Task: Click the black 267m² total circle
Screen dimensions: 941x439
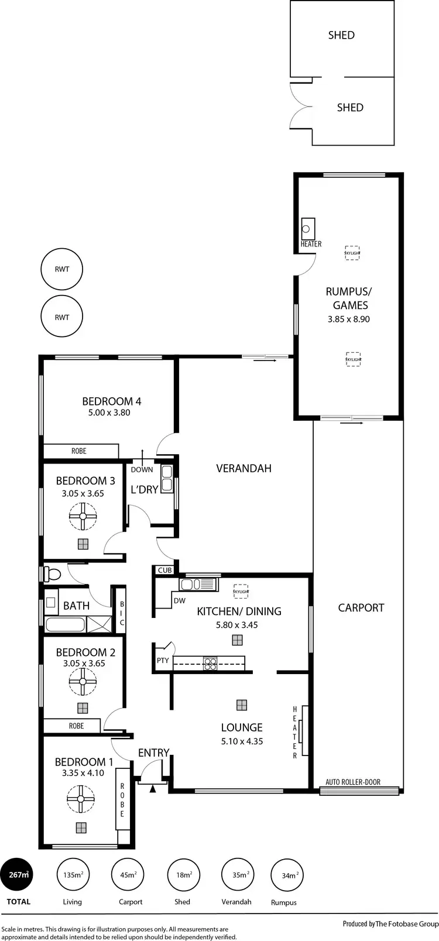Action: (x=18, y=875)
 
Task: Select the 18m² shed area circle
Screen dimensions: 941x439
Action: (x=184, y=875)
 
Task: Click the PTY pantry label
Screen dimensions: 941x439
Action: (x=163, y=661)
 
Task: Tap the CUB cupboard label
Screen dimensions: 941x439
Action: (x=164, y=570)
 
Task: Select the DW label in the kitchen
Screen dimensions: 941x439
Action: (x=179, y=601)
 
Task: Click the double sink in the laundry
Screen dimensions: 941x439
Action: (x=167, y=478)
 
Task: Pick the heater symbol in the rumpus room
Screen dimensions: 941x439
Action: (x=308, y=226)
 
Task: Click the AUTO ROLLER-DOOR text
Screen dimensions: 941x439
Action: (x=353, y=782)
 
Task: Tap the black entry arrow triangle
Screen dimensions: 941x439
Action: (x=153, y=789)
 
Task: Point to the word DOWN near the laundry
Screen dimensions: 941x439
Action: (x=142, y=469)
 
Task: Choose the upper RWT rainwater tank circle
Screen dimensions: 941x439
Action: (x=62, y=270)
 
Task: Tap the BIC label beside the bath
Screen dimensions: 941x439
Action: (x=122, y=614)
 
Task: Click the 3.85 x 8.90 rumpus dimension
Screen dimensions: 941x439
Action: (x=350, y=320)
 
